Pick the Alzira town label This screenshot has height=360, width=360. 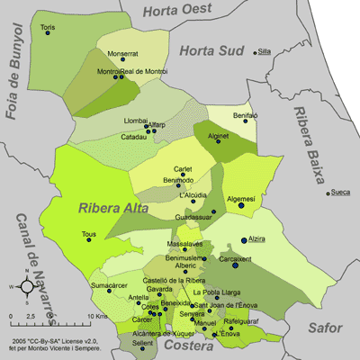pyautogui.click(x=258, y=239)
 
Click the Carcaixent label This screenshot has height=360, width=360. pyautogui.click(x=237, y=259)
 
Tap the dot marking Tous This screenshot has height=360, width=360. pyautogui.click(x=87, y=240)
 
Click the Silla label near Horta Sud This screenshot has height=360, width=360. pyautogui.click(x=264, y=51)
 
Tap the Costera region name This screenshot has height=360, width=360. pyautogui.click(x=195, y=346)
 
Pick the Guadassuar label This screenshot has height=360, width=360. pyautogui.click(x=193, y=218)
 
